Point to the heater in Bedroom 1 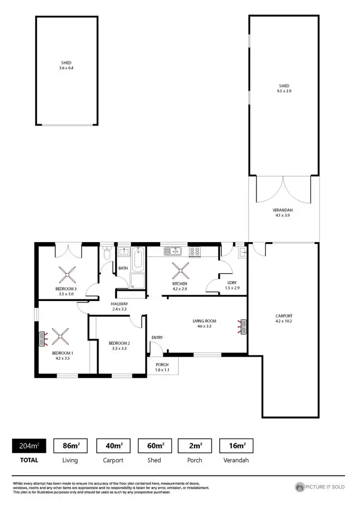(x=43, y=338)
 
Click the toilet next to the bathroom (x=107, y=253)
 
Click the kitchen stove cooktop (x=194, y=251)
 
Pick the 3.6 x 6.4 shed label (x=67, y=65)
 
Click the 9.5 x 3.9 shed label (x=284, y=88)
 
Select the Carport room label (x=283, y=318)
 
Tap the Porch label (x=163, y=367)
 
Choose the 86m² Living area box (x=70, y=446)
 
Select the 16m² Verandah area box (x=236, y=446)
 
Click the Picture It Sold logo (x=320, y=486)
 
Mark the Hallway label (x=119, y=306)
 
